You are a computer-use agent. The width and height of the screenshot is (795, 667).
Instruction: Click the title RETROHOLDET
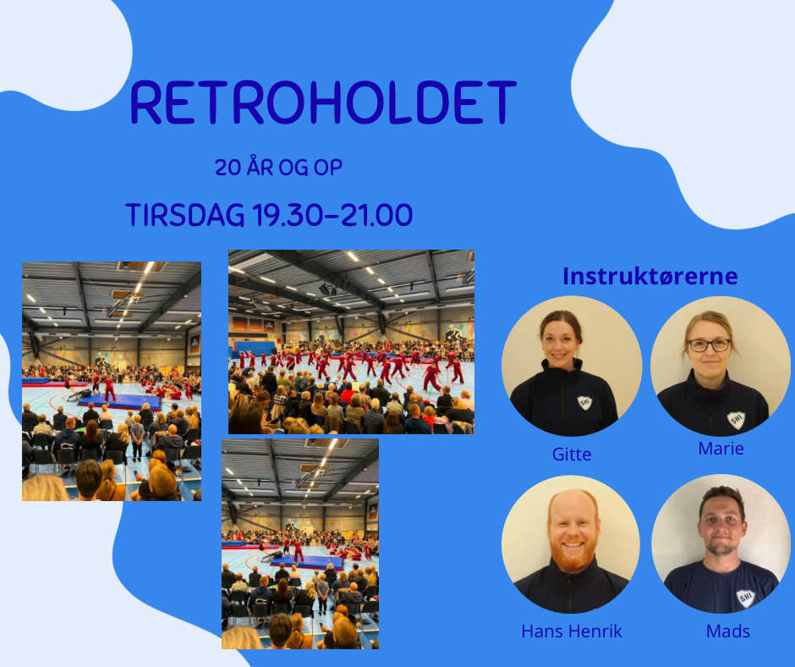click(323, 102)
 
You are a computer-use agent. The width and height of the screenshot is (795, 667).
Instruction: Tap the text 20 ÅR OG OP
click(279, 168)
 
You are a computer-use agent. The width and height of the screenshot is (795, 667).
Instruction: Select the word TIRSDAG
click(185, 215)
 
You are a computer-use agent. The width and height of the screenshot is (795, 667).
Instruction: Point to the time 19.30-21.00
click(332, 215)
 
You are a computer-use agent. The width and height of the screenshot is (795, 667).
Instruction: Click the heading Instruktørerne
click(650, 276)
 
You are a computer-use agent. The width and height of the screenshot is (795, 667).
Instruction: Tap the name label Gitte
click(572, 454)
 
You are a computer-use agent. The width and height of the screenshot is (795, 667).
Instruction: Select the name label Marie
click(721, 449)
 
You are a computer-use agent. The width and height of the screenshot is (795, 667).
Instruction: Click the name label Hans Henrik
click(572, 631)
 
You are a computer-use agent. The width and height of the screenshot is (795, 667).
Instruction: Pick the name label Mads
click(728, 631)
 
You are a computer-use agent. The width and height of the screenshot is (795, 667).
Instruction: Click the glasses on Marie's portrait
click(710, 345)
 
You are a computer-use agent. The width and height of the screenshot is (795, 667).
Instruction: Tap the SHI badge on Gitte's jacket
click(585, 403)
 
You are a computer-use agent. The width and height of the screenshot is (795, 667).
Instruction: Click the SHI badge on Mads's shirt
click(745, 598)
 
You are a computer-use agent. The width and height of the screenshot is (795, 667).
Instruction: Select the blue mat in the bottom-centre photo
click(307, 562)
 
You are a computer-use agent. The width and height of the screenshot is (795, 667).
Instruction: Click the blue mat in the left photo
click(120, 403)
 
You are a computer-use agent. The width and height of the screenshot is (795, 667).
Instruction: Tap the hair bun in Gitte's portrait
click(561, 318)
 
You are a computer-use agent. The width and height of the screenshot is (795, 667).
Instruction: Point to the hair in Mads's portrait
click(722, 500)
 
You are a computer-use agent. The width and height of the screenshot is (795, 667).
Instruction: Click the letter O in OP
click(321, 168)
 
